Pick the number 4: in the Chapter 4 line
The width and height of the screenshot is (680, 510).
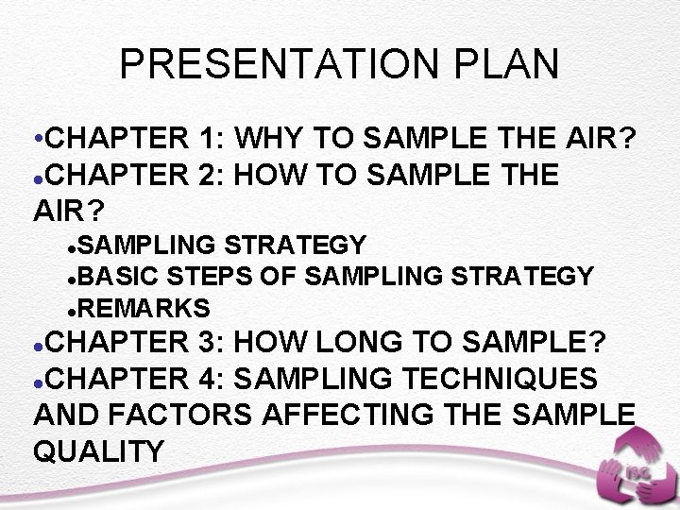point(212,379)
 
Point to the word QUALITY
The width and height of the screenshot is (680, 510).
point(98,450)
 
